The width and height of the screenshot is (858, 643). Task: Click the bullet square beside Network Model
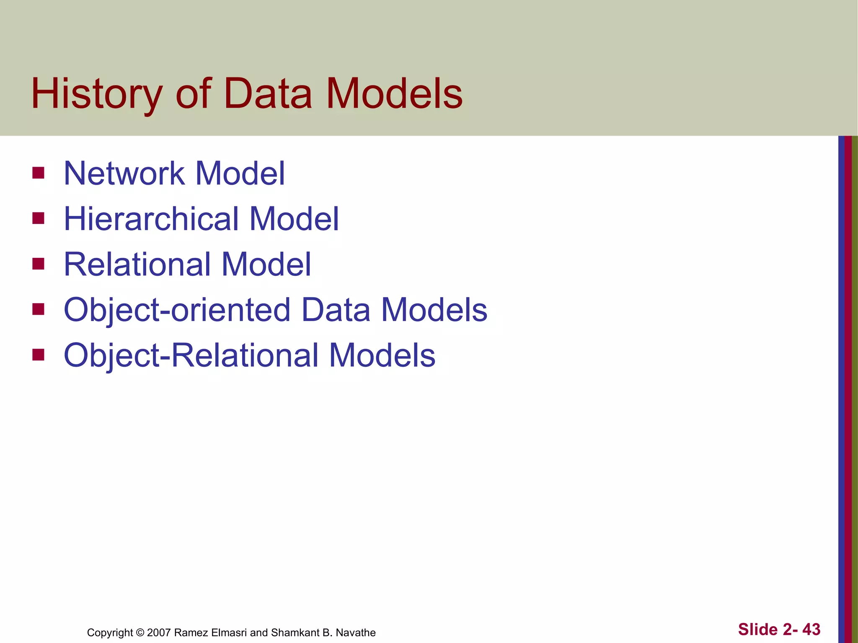coord(38,173)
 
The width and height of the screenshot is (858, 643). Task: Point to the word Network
coord(124,173)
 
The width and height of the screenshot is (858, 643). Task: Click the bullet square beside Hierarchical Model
coord(38,218)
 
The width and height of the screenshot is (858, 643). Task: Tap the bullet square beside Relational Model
coord(38,264)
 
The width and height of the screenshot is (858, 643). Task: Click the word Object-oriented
coord(177,310)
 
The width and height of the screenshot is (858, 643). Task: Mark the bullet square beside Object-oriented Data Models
coord(38,309)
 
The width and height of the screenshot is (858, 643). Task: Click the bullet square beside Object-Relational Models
coord(38,355)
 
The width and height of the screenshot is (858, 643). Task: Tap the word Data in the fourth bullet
coord(336,310)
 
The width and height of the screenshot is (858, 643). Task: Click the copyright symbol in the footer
coord(140,633)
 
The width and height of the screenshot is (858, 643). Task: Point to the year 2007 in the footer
coord(159,633)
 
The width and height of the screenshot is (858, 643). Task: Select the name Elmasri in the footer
coord(229,633)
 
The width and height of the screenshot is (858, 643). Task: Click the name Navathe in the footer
coord(356,633)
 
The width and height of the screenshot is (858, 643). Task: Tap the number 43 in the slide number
coord(811,629)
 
